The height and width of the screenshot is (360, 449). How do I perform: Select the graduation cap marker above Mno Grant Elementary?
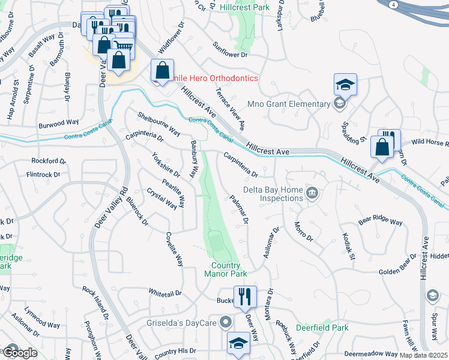pyautogui.click(x=345, y=85)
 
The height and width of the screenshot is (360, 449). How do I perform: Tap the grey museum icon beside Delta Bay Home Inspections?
pyautogui.click(x=312, y=193)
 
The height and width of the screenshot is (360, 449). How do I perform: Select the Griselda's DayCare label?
pyautogui.click(x=181, y=322)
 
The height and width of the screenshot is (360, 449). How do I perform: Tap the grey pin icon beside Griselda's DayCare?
pyautogui.click(x=226, y=322)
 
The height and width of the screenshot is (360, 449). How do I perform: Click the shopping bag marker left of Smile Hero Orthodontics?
pyautogui.click(x=162, y=71)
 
